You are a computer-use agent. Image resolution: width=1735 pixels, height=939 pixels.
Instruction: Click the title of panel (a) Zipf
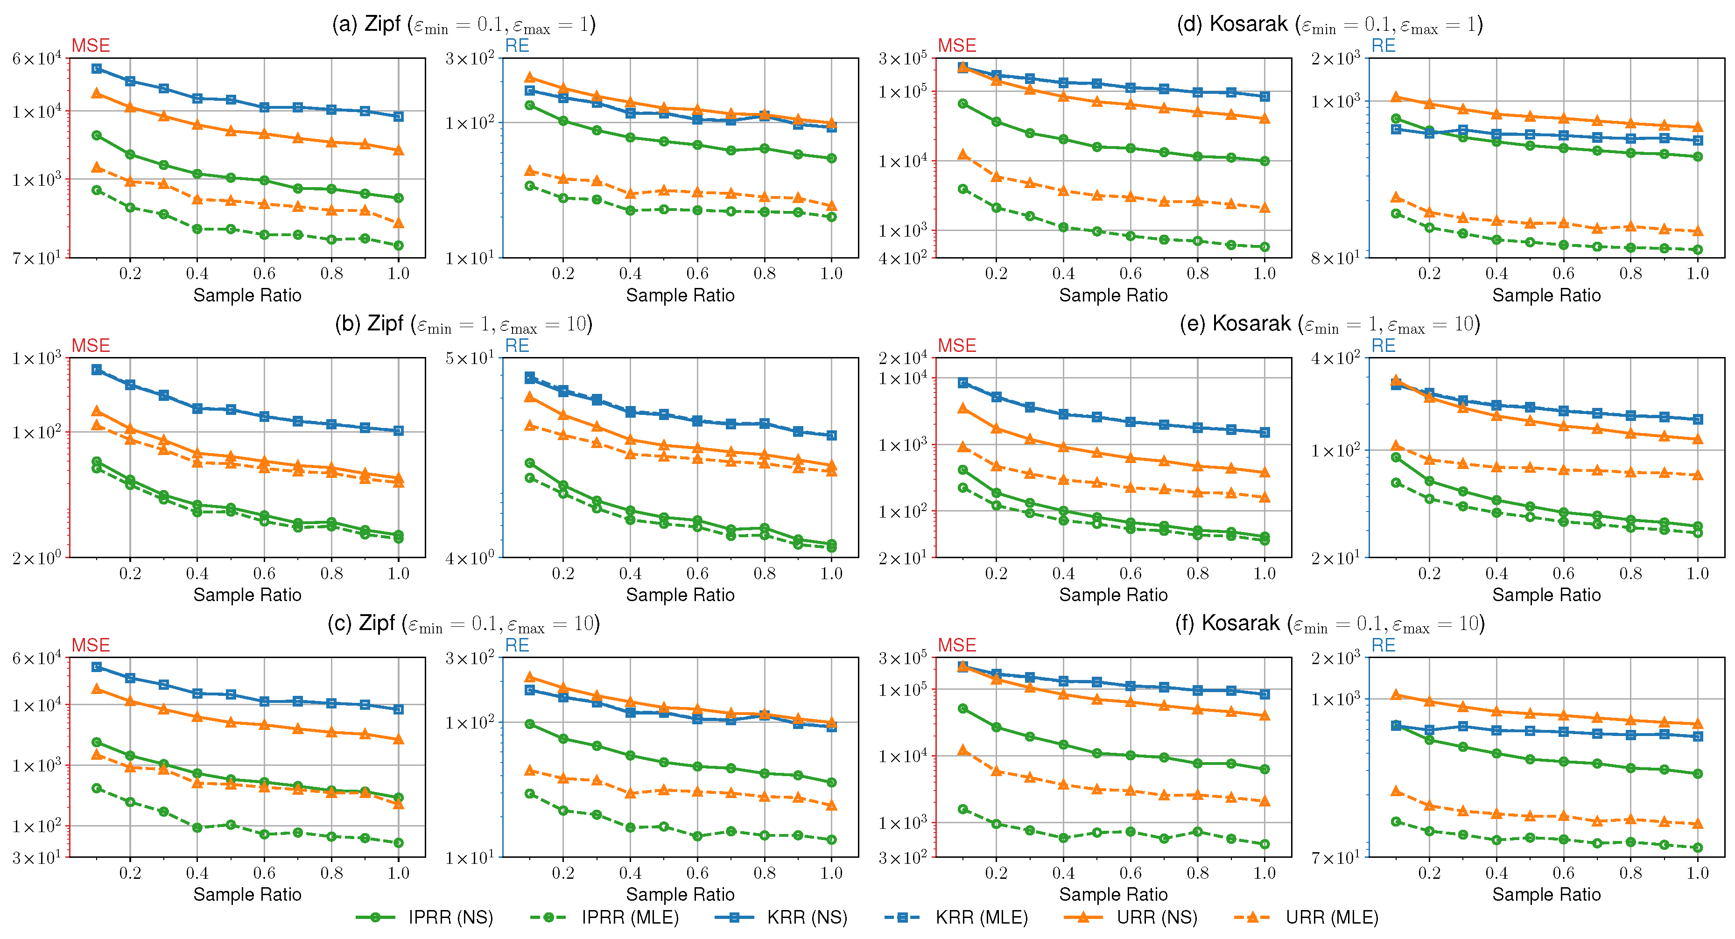click(x=464, y=24)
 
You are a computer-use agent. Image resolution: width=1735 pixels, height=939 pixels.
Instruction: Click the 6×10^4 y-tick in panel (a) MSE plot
click(x=37, y=59)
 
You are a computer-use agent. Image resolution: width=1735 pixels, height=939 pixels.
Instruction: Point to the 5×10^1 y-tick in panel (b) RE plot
click(x=470, y=357)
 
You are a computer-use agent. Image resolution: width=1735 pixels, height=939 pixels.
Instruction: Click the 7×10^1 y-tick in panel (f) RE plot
click(x=1336, y=857)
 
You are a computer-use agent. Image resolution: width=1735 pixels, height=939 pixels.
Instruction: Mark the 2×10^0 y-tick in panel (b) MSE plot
click(x=37, y=557)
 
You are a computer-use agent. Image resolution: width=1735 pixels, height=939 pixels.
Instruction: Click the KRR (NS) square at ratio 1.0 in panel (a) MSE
click(x=398, y=117)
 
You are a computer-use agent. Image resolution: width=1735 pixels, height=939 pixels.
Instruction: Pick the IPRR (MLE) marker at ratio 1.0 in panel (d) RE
click(x=1698, y=250)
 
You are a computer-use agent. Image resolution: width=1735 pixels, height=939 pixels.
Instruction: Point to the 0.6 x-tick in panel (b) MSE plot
click(x=264, y=573)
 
